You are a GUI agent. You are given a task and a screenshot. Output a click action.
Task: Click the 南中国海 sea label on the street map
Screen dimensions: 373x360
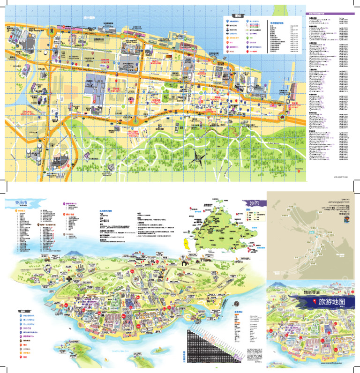[89, 17]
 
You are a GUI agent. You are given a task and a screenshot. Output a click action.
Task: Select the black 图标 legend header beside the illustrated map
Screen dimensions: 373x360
[23, 311]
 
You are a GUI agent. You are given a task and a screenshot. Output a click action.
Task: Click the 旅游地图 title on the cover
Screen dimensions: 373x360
[328, 303]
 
